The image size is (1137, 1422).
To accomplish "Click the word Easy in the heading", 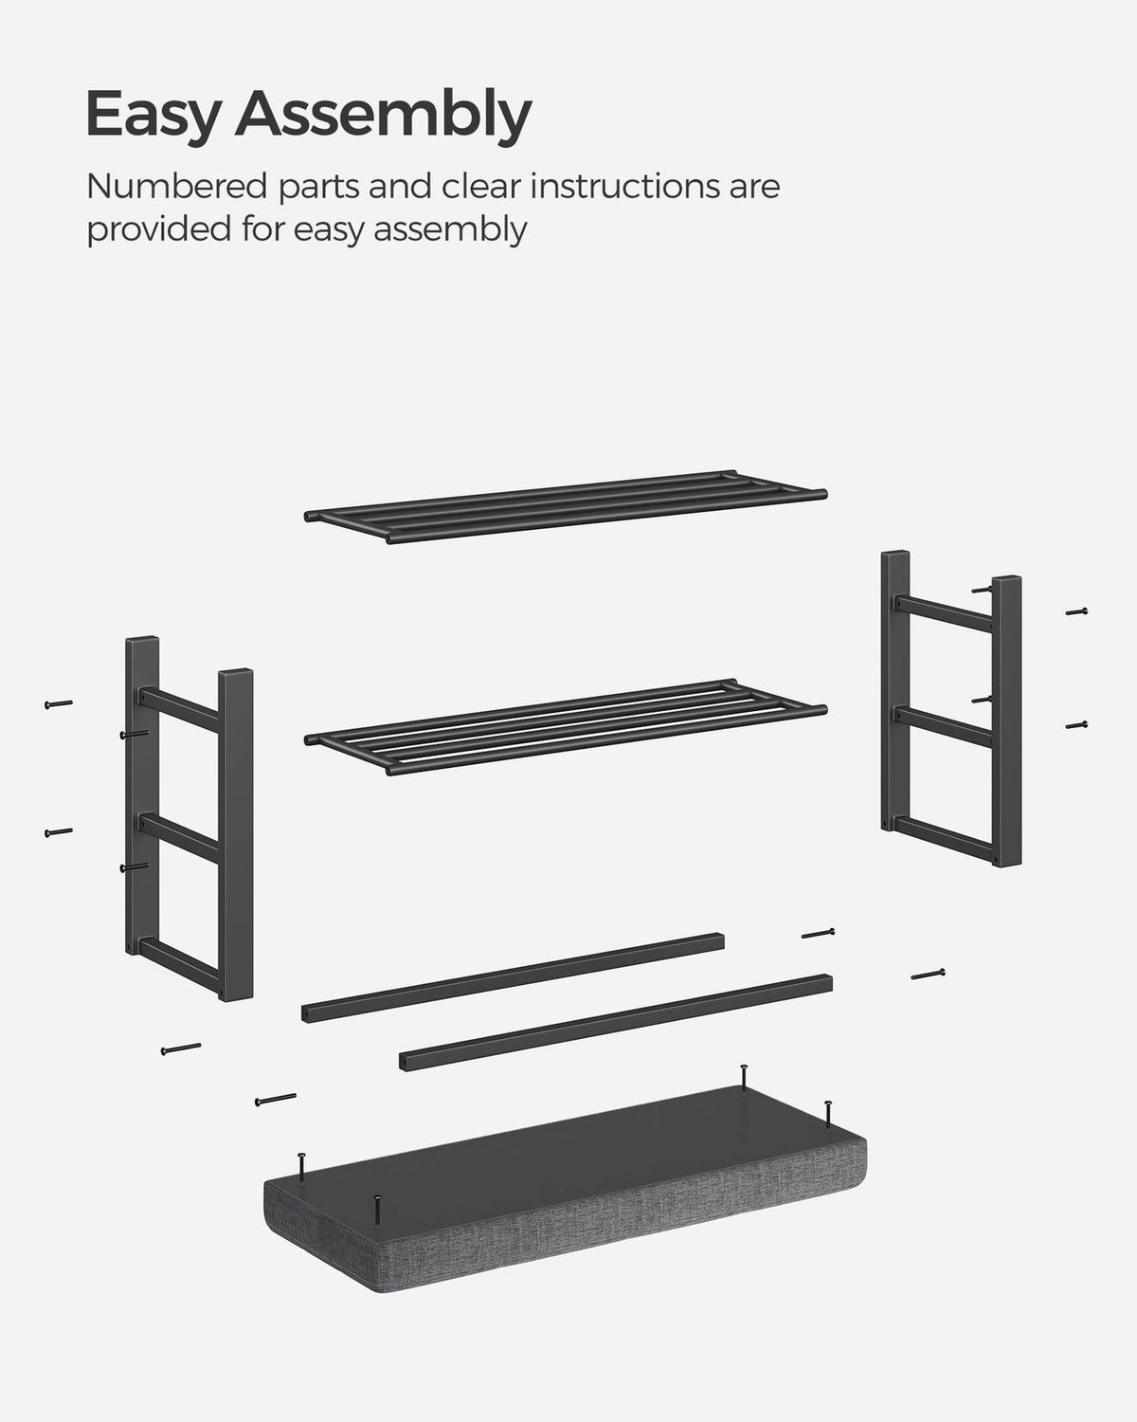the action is pyautogui.click(x=152, y=114).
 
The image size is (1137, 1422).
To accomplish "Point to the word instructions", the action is pyautogui.click(x=626, y=187).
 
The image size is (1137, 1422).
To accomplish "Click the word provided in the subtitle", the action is pyautogui.click(x=158, y=230).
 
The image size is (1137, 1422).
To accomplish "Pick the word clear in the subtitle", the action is pyautogui.click(x=481, y=187).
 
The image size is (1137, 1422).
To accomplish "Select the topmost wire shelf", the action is pyautogui.click(x=566, y=507).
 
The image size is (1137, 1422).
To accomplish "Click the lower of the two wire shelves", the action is pyautogui.click(x=566, y=727).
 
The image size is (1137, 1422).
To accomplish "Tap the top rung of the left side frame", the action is pyautogui.click(x=179, y=710).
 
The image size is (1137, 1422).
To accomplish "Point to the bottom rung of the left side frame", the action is pyautogui.click(x=179, y=965).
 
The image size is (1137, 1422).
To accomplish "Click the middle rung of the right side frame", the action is pyautogui.click(x=944, y=726).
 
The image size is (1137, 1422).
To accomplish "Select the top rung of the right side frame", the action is pyautogui.click(x=944, y=613).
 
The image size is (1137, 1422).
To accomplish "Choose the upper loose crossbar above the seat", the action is pyautogui.click(x=513, y=978).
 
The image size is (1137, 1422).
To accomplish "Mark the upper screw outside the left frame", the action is pyautogui.click(x=58, y=704).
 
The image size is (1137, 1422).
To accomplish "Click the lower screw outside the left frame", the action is pyautogui.click(x=58, y=832).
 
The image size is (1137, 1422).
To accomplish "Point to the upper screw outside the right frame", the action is pyautogui.click(x=1076, y=611).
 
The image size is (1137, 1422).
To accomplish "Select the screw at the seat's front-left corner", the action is pyautogui.click(x=376, y=1212).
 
